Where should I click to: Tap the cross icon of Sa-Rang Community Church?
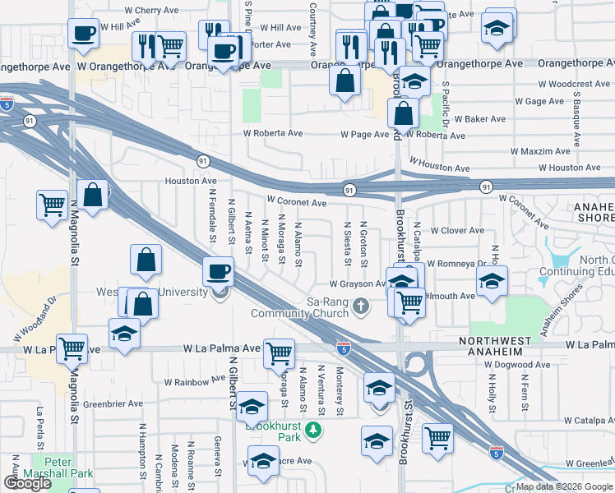(360, 307)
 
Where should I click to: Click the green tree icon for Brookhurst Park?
(312, 429)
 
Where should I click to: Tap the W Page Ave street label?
(364, 133)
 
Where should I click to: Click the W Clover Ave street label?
(457, 231)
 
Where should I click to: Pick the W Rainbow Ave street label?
(194, 380)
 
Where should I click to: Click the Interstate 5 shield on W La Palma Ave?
(344, 348)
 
